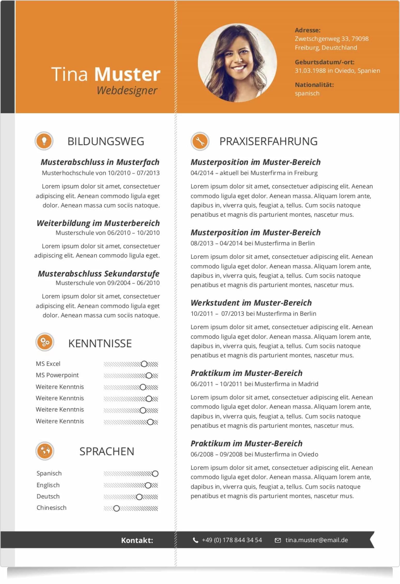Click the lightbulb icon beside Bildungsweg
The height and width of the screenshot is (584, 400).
(x=44, y=141)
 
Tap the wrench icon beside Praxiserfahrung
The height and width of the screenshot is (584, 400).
(x=200, y=141)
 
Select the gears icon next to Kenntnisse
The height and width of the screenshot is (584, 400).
(x=45, y=342)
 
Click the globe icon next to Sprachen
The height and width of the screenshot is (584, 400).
(x=45, y=451)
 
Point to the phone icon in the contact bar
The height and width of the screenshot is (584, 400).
(x=196, y=540)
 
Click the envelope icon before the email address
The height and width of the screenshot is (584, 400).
(x=278, y=540)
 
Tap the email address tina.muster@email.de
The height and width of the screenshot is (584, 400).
(x=317, y=540)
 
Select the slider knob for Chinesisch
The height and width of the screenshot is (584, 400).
(x=117, y=509)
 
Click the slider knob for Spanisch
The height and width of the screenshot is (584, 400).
(x=155, y=474)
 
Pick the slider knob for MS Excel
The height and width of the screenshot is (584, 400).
(x=144, y=364)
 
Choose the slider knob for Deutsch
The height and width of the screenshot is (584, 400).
(x=139, y=497)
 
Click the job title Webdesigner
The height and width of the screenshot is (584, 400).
(x=127, y=90)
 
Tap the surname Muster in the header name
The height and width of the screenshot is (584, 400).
(x=127, y=74)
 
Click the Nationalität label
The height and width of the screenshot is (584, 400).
(x=314, y=85)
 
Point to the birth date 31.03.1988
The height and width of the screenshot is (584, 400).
(x=310, y=71)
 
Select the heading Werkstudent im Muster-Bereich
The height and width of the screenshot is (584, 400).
(x=251, y=303)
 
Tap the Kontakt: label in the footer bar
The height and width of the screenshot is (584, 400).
(x=137, y=540)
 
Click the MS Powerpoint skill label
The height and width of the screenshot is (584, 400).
(x=57, y=375)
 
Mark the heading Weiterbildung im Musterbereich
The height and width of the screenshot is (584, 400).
(x=98, y=223)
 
